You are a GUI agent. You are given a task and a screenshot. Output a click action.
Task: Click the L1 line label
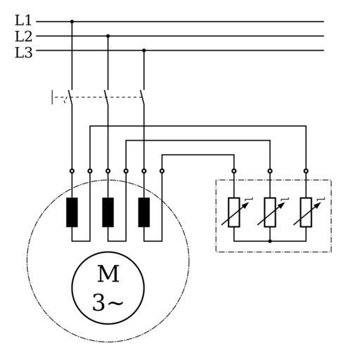pyautogui.click(x=23, y=20)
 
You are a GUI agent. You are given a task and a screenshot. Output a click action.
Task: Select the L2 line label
pyautogui.click(x=23, y=37)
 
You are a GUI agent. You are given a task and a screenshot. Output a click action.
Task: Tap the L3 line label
pyautogui.click(x=23, y=53)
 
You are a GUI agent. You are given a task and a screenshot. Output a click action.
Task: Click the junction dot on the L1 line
pyautogui.click(x=72, y=22)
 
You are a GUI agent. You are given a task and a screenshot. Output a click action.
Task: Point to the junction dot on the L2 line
pyautogui.click(x=108, y=36)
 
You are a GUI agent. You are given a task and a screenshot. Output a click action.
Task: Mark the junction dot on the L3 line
pyautogui.click(x=144, y=51)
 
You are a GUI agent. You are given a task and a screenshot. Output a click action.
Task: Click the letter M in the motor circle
pyautogui.click(x=108, y=274)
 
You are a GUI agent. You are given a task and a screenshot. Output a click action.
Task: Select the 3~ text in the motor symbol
pyautogui.click(x=108, y=302)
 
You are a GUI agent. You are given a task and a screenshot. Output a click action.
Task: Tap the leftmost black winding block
pyautogui.click(x=72, y=212)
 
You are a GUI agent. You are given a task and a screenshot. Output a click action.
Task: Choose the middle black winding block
pyautogui.click(x=108, y=212)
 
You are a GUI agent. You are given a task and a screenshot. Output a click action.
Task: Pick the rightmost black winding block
pyautogui.click(x=144, y=212)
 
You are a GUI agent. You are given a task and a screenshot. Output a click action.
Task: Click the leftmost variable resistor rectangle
pyautogui.click(x=234, y=212)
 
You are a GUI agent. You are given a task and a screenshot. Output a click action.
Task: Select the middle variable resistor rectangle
pyautogui.click(x=270, y=212)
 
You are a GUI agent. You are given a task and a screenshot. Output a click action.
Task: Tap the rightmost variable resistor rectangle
pyautogui.click(x=306, y=212)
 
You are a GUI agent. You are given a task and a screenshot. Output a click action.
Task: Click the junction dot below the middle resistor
pyautogui.click(x=270, y=241)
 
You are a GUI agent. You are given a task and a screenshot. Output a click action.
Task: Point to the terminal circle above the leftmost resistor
pyautogui.click(x=234, y=171)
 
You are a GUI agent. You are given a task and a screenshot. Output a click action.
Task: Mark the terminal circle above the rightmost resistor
pyautogui.click(x=306, y=171)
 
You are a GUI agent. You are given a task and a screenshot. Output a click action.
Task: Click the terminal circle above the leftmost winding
pyautogui.click(x=72, y=171)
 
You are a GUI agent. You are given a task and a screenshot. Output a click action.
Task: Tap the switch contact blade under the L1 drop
pyautogui.click(x=70, y=98)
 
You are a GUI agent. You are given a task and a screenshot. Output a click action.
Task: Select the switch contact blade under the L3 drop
pyautogui.click(x=142, y=98)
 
